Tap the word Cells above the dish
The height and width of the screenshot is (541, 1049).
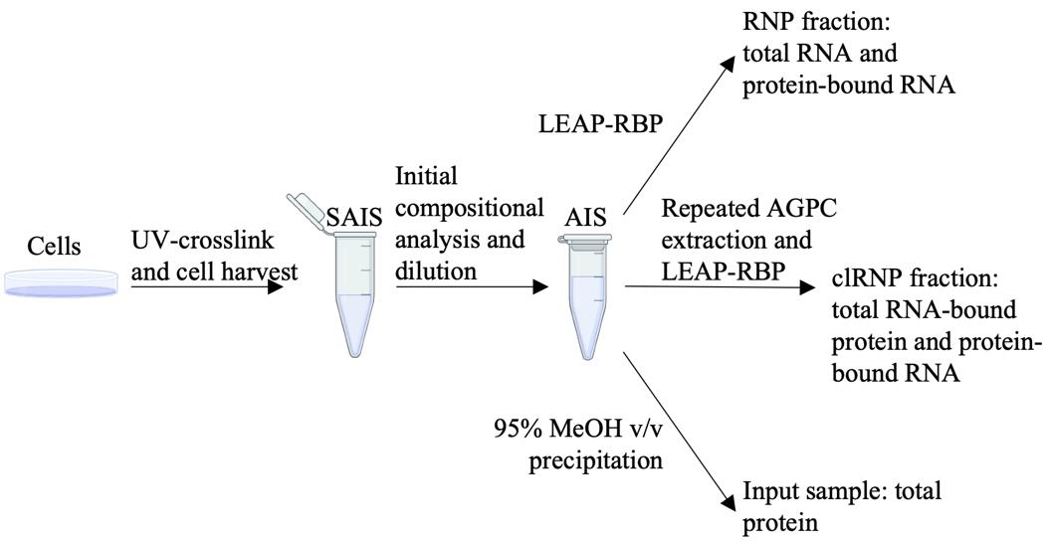[54, 247]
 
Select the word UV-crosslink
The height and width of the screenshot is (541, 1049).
[201, 240]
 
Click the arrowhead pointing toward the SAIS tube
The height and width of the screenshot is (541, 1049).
[275, 286]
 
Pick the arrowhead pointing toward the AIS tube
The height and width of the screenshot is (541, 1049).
[539, 286]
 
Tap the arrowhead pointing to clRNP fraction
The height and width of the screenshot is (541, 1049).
[807, 288]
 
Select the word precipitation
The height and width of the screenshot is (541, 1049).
[596, 460]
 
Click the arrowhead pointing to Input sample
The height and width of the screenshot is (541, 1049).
[726, 501]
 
